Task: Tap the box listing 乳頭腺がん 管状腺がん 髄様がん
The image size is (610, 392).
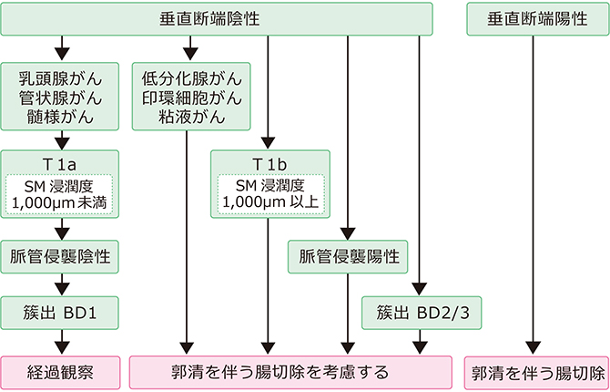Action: click(x=60, y=96)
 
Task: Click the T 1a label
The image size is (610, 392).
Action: click(x=60, y=163)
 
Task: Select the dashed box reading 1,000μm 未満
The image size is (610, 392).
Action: click(x=60, y=193)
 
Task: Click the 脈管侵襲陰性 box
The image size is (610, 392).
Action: click(x=60, y=257)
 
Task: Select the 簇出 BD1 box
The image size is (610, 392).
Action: click(x=60, y=313)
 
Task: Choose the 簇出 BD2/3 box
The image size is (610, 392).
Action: click(x=419, y=313)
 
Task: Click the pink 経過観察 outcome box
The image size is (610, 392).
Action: click(x=60, y=372)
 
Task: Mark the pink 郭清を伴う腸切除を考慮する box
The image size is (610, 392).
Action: click(x=291, y=372)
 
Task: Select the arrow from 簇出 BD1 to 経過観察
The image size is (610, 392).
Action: click(x=60, y=342)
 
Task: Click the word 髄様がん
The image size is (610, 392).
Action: click(x=60, y=116)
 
